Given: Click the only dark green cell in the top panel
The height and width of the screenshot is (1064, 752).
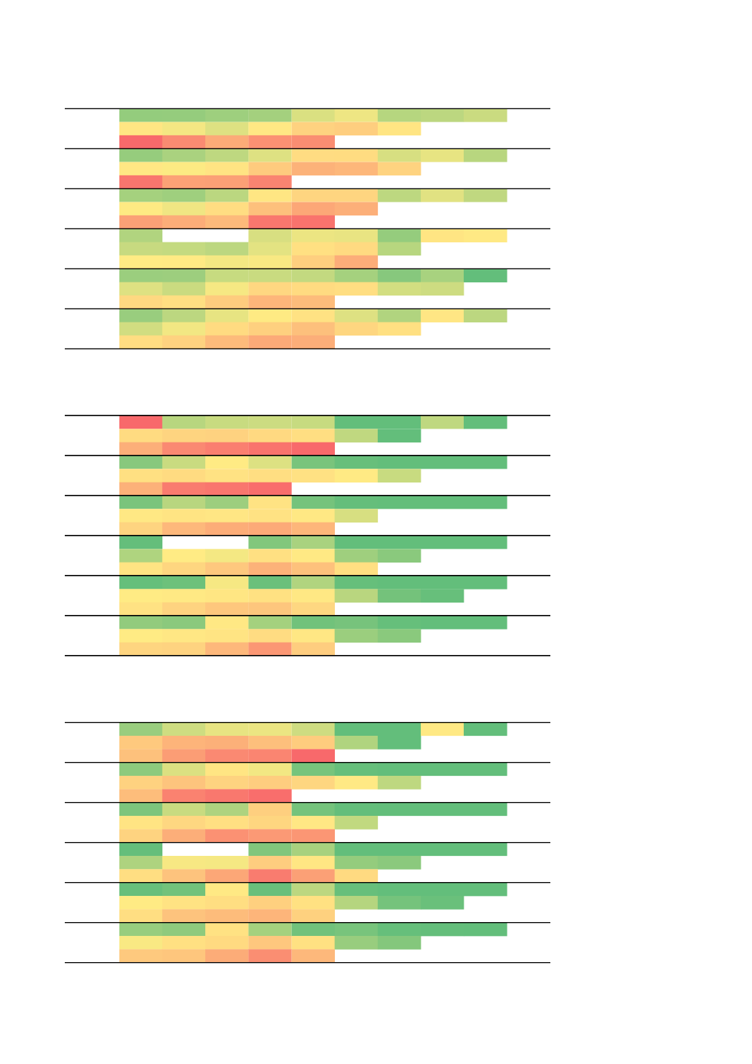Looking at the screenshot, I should point(485,276).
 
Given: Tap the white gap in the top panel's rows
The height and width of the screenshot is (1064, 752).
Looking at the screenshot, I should point(205,236).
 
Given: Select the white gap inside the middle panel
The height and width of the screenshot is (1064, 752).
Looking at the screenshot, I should point(205,542).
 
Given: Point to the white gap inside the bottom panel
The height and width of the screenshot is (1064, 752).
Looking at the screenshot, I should point(205,849).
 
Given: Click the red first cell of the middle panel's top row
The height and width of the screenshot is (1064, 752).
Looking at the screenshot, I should point(140,422).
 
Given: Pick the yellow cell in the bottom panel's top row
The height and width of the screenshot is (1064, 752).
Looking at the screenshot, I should point(442,729).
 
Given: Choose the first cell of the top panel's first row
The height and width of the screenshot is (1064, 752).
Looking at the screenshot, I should point(140,115).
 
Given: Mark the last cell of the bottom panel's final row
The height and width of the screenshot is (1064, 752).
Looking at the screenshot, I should point(313,956).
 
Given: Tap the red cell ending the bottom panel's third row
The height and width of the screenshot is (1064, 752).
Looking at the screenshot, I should point(313,756).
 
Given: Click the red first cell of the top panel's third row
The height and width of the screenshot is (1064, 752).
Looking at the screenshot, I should point(140,142).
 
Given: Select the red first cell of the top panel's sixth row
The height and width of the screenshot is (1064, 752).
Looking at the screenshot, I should point(140,182).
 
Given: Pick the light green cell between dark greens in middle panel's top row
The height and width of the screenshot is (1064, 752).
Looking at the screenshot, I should point(442,422).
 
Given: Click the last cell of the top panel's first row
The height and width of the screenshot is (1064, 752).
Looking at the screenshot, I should point(485,115).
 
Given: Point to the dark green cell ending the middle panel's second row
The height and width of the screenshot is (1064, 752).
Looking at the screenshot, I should point(399,436).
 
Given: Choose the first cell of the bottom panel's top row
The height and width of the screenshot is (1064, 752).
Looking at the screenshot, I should point(140,729).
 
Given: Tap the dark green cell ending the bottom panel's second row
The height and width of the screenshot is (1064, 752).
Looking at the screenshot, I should point(399,742).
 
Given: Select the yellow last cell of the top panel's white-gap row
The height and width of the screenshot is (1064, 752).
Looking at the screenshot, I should point(485,236).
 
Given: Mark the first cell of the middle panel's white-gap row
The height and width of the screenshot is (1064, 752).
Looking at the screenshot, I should point(140,542).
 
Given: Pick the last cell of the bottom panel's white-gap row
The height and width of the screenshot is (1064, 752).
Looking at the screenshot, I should point(485,849).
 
